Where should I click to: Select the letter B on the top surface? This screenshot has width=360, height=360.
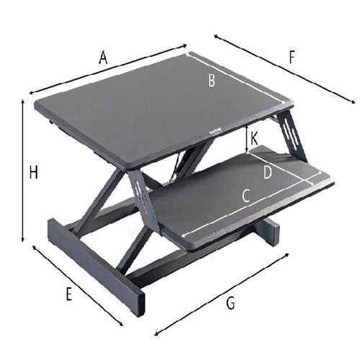coord(212,81)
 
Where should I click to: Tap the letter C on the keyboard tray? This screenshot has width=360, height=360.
coord(245,195)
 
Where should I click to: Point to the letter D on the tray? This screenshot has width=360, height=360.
coord(267,173)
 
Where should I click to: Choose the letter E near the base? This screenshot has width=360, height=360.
coord(68,294)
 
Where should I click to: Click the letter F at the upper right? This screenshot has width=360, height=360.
coord(292,57)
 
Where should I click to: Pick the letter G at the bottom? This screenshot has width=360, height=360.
coord(230,303)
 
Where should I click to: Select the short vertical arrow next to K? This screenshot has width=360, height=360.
coord(246,139)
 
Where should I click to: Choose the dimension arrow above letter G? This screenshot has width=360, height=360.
coord(222,294)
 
